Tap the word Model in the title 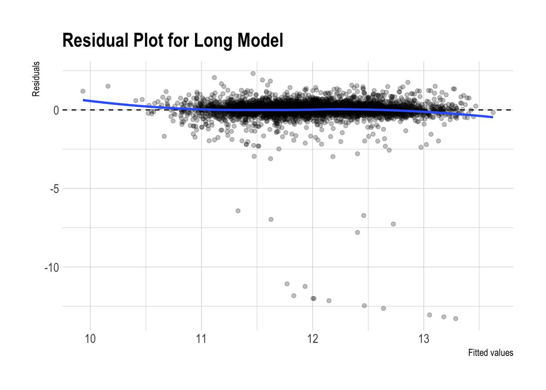click(260, 41)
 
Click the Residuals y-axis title click(36, 79)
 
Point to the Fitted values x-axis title click(490, 353)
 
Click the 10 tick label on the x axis click(90, 339)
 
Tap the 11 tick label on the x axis click(201, 339)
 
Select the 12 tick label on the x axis click(312, 339)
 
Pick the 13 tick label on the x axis click(424, 339)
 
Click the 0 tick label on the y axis click(56, 110)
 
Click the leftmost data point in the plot click(83, 91)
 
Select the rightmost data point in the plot click(493, 113)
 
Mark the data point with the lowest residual click(455, 318)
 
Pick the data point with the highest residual click(253, 74)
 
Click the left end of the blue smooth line click(84, 100)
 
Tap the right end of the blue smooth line click(492, 117)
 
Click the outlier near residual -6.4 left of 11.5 click(238, 211)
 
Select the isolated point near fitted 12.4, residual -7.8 click(357, 232)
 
